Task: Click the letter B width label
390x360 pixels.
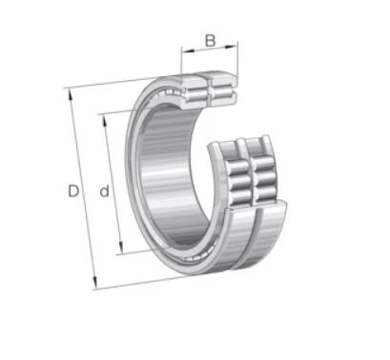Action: (208, 41)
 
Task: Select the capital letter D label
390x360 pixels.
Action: (73, 191)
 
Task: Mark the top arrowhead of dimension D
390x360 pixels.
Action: (69, 92)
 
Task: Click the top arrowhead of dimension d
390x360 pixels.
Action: (101, 115)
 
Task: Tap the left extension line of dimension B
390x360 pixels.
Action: (180, 59)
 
